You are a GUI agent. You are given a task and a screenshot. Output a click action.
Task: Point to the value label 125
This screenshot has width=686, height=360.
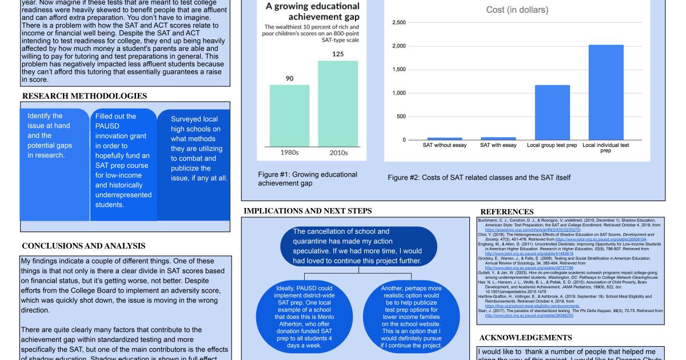click(338, 54)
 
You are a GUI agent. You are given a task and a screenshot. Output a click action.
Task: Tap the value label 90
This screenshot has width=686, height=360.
click(289, 78)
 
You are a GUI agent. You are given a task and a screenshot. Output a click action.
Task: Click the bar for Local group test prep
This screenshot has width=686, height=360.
click(552, 112)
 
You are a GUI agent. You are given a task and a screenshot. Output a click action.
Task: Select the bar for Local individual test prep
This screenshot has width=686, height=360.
click(606, 92)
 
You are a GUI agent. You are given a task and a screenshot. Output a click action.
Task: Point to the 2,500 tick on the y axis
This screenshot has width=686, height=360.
click(398, 22)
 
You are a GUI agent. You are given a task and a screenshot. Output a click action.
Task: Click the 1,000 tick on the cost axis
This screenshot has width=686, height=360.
click(398, 93)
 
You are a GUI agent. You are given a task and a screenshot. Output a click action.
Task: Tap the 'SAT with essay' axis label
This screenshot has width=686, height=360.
click(498, 145)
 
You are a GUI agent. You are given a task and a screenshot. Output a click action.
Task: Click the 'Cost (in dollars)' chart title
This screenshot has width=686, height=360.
click(517, 10)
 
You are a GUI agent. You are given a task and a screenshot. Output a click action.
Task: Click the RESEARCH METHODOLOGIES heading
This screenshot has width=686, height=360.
click(84, 96)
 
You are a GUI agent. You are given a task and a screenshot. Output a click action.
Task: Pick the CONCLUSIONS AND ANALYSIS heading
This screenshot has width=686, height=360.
click(83, 246)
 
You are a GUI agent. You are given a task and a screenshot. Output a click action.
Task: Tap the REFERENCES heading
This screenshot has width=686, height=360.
click(507, 211)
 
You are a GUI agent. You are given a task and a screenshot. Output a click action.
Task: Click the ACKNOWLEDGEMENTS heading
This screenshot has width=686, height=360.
click(526, 338)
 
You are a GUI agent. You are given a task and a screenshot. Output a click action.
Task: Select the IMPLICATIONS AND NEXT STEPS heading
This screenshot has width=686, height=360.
click(308, 211)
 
